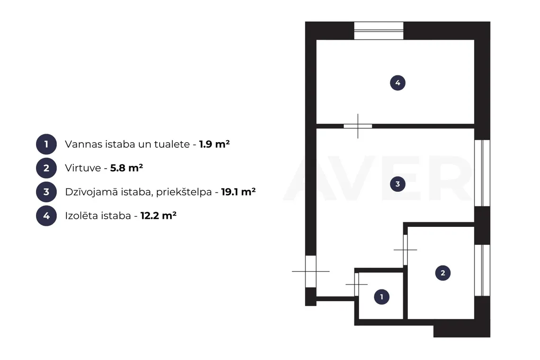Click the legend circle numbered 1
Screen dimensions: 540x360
tap(46, 144)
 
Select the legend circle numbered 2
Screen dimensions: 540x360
tap(46, 168)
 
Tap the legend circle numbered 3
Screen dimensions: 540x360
tap(46, 192)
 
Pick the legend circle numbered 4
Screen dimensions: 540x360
tap(46, 216)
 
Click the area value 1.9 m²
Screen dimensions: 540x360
tap(214, 144)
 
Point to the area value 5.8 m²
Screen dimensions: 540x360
tap(126, 168)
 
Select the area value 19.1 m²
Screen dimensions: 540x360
tap(238, 191)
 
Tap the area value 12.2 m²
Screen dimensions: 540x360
tap(158, 216)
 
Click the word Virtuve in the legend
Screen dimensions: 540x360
tap(83, 168)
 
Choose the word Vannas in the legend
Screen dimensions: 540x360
tap(81, 144)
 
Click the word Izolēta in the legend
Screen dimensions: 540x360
tap(81, 216)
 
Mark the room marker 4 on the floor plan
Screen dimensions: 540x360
tap(397, 83)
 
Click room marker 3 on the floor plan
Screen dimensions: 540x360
tap(397, 184)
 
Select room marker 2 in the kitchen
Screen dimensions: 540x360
tap(442, 273)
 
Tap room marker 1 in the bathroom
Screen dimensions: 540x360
tap(382, 297)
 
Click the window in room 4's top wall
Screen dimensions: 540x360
tap(379, 31)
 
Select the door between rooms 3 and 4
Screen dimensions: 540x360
tap(358, 126)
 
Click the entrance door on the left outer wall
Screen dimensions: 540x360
tap(311, 271)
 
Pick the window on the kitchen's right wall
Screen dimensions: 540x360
tap(482, 270)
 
